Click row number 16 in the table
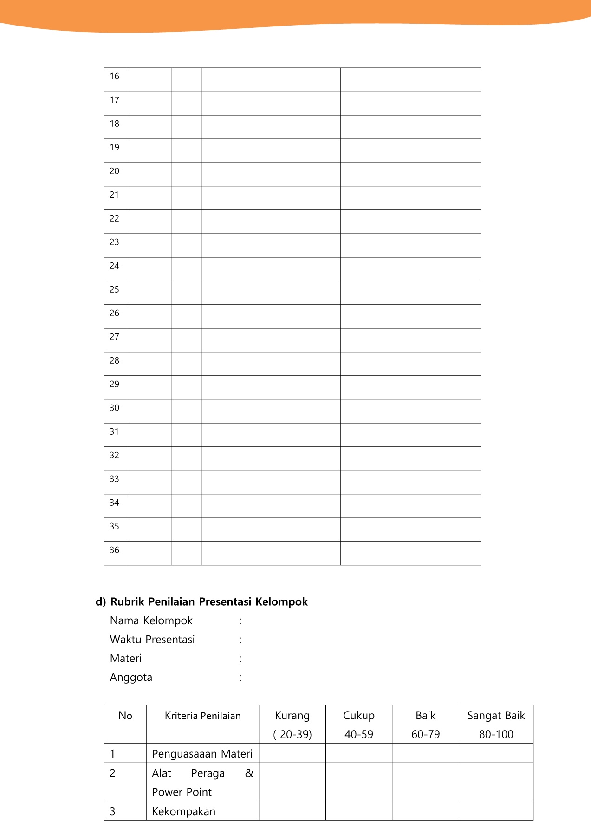pos(114,77)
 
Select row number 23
pos(114,242)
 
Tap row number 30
pos(114,408)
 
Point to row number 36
pos(114,550)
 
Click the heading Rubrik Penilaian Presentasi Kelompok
pos(208,602)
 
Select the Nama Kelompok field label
pos(151,621)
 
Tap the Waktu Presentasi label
pos(152,640)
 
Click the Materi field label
pos(125,659)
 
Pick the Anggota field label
pos(131,678)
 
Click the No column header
pos(125,716)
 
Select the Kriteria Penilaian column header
pos(202,716)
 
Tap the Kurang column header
pos(292,716)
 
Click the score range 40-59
pos(358,735)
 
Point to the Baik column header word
pos(425,716)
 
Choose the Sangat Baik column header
pos(496,716)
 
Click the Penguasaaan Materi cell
pos(202,754)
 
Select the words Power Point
pos(182,792)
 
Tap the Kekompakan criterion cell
pos(183,812)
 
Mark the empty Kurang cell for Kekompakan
pos(292,811)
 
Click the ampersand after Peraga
pos(249,773)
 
